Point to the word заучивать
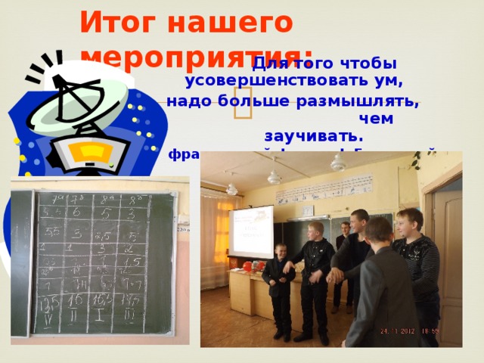point(313,137)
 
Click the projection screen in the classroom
point(251,231)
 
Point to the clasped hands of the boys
point(334,275)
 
